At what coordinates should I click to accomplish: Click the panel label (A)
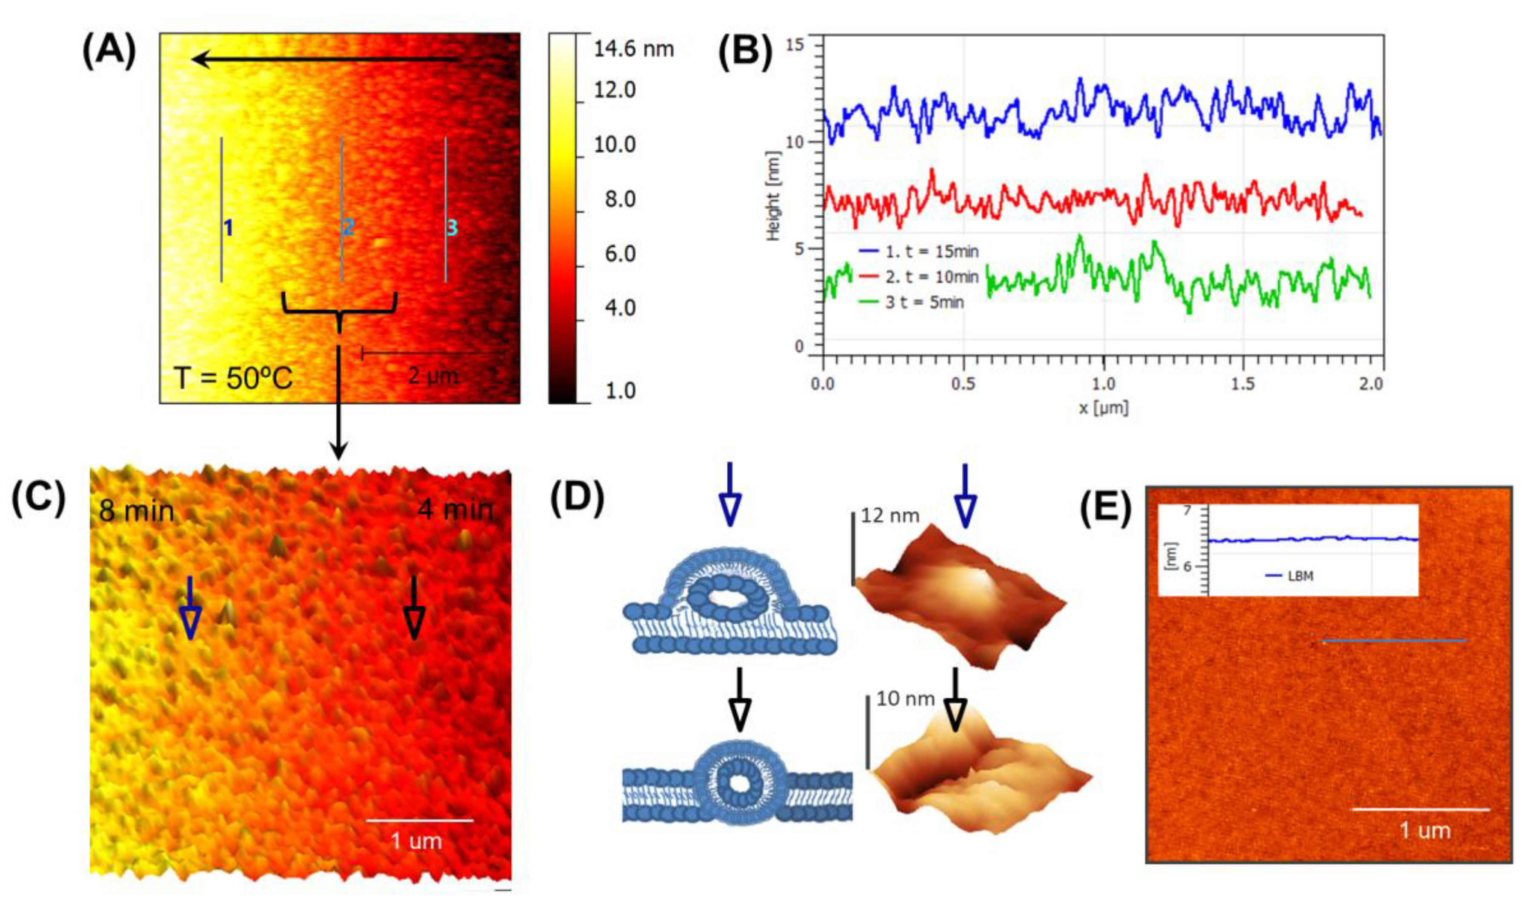click(109, 51)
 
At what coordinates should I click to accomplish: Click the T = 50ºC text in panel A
click(233, 378)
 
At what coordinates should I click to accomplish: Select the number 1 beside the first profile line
click(228, 228)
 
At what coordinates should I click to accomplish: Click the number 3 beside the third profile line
click(452, 228)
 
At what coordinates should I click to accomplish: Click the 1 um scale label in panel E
click(1424, 830)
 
